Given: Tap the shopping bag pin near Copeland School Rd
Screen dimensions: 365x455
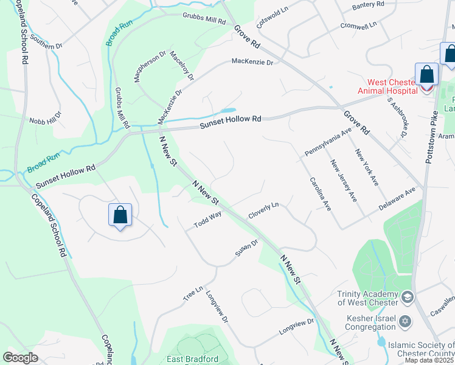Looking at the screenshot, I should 120,215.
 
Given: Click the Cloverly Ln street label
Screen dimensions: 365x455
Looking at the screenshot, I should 263,211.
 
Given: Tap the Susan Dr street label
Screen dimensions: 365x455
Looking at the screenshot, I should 247,248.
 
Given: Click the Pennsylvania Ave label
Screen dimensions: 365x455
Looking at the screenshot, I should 328,141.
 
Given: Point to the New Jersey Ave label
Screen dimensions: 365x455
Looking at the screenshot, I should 343,180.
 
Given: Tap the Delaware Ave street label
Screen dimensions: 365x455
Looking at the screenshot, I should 397,199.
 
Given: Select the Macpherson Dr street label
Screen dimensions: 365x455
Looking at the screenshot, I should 150,68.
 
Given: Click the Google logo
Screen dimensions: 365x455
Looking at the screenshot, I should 20,358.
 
